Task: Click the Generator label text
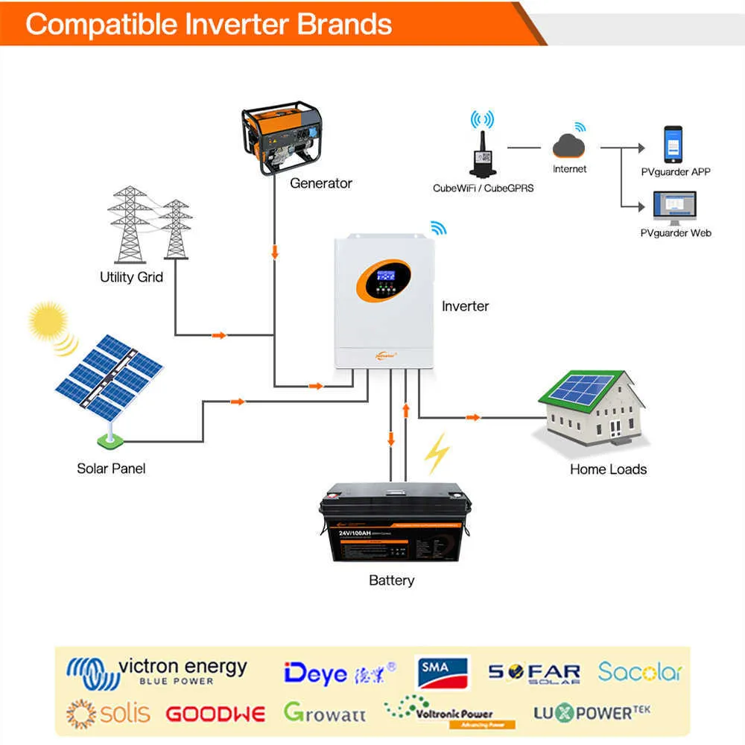click(320, 183)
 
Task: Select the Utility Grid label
click(131, 277)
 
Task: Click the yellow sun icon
click(48, 321)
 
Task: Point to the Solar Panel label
click(111, 469)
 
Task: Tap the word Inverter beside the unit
click(465, 306)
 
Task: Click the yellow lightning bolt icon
click(437, 454)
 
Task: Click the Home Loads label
click(608, 469)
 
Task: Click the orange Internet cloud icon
click(569, 144)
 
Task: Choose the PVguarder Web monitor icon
click(674, 208)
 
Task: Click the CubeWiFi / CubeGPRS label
click(483, 188)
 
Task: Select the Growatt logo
click(325, 713)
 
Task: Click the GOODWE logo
click(215, 714)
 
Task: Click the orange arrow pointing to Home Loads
click(472, 417)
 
